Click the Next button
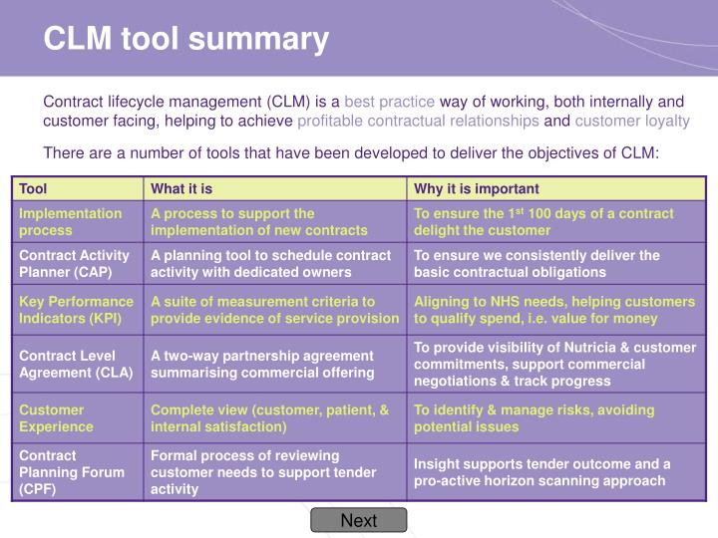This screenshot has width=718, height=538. [358, 520]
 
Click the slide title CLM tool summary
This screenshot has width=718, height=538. [185, 39]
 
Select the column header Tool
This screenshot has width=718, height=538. [34, 188]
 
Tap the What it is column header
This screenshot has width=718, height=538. [181, 188]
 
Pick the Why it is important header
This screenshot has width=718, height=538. [477, 188]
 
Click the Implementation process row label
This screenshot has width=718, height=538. [70, 221]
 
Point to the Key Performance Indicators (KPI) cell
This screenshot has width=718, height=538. [76, 309]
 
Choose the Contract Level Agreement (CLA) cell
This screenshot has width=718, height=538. [69, 364]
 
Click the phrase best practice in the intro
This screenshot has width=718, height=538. [390, 101]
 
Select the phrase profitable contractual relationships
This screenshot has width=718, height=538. [418, 121]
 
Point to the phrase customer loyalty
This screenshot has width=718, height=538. [631, 121]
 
